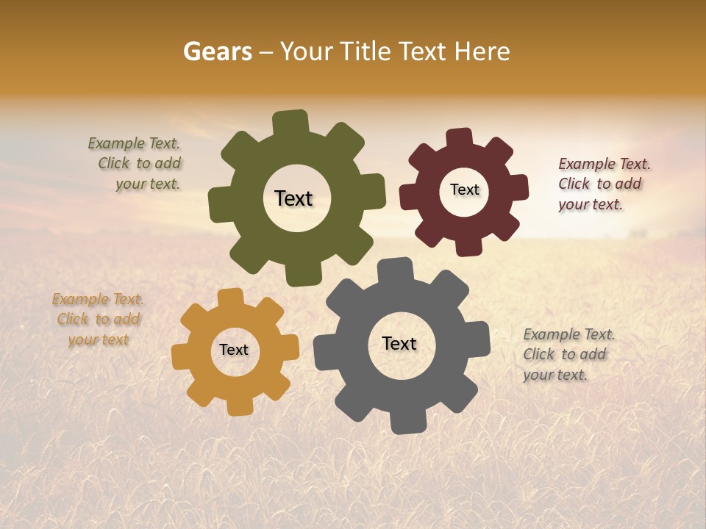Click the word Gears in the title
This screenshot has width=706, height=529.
pos(217,51)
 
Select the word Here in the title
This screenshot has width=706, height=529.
pos(482,51)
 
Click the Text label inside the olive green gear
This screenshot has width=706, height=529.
pos(293,198)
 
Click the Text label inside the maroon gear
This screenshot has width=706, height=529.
pos(464,190)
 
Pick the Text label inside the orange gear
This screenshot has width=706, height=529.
pos(234,350)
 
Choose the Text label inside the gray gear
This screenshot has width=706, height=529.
pos(399,343)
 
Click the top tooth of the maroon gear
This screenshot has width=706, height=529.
pos(460,138)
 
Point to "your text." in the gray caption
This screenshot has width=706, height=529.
pos(555,375)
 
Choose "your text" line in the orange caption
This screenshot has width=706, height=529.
pos(99,339)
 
